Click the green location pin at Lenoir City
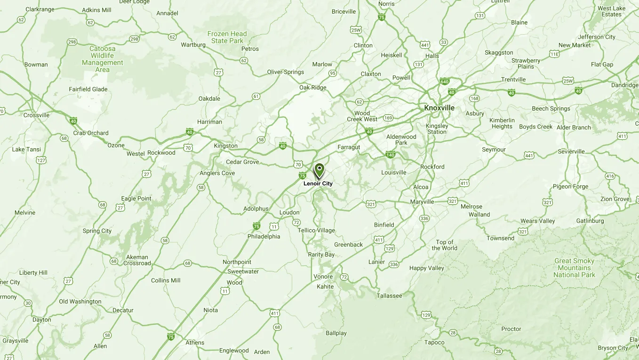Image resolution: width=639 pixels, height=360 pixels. point(319,170)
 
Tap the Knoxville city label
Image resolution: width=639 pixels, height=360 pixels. point(439,108)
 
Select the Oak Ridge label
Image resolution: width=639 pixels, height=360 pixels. point(312,88)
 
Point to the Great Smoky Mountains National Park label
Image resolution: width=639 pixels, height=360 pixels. point(574,268)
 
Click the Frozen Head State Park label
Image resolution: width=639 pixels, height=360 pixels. point(227,37)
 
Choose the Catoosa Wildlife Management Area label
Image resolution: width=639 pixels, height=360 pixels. point(103,59)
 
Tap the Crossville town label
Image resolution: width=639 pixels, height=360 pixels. point(37,115)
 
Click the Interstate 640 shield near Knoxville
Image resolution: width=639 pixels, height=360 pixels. point(444,81)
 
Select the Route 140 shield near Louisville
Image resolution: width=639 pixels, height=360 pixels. point(390,154)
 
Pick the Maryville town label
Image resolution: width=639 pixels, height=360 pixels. point(422,202)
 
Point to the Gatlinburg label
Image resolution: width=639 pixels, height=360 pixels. point(590,221)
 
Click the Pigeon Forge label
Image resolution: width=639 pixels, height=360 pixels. point(570,186)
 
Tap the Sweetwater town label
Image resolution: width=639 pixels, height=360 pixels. point(243,272)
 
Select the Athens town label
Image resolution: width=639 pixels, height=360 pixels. point(195,343)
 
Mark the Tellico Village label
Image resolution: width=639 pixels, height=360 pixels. point(316,231)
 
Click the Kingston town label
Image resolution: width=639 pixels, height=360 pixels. point(225,146)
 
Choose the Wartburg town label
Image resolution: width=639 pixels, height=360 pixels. point(193,45)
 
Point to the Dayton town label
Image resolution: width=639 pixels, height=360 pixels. point(42,320)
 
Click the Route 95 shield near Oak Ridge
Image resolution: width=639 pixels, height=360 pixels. point(333,73)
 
